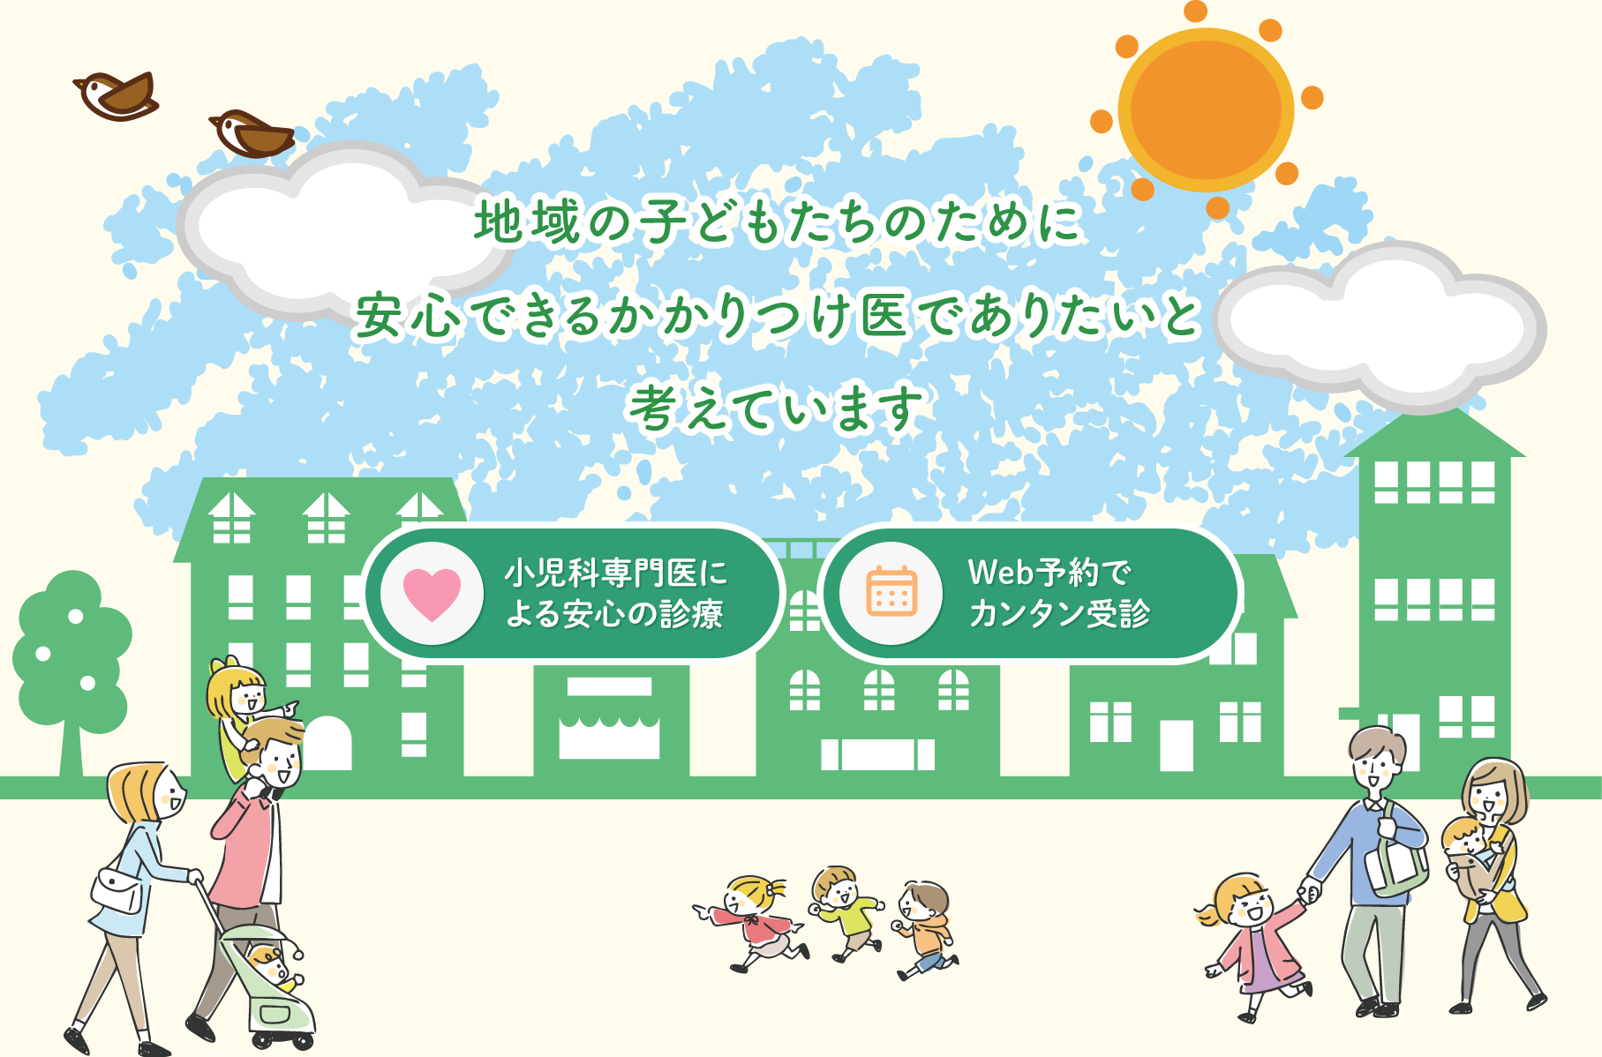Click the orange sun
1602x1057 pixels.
(x=1206, y=109)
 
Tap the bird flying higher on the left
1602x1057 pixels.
(x=116, y=95)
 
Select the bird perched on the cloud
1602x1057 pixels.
(x=252, y=134)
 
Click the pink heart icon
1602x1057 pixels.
(x=432, y=593)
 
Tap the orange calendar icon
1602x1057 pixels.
(x=891, y=591)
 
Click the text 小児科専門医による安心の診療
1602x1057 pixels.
(x=615, y=593)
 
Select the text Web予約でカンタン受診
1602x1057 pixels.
(x=1058, y=592)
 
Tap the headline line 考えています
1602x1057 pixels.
(x=776, y=409)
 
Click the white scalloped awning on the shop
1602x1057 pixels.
(x=609, y=728)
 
